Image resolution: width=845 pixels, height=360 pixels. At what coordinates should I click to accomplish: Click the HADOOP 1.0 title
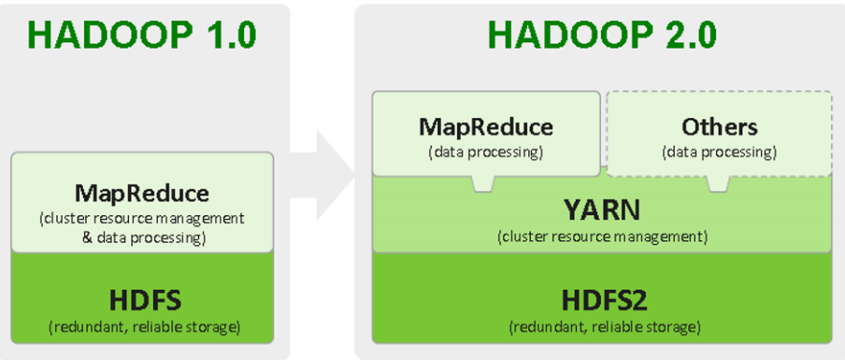141,35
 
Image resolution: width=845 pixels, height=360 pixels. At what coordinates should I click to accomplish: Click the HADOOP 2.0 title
602,35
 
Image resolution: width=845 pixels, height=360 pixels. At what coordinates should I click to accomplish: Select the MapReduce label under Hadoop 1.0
142,194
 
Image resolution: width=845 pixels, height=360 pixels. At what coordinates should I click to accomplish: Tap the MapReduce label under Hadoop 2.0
486,126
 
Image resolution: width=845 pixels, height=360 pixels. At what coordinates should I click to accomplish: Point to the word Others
719,126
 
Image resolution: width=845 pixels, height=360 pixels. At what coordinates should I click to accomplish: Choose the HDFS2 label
604,300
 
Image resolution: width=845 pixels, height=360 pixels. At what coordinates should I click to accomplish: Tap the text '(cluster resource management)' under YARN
602,237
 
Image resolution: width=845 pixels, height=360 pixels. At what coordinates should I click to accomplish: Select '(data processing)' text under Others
719,151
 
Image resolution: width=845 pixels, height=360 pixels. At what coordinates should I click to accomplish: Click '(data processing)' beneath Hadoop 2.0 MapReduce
486,151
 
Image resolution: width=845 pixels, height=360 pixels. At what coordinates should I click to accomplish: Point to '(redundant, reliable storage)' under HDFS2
604,327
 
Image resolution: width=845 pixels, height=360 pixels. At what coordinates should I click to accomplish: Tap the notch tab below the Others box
718,184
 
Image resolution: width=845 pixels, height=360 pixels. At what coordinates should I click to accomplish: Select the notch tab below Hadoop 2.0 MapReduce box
483,184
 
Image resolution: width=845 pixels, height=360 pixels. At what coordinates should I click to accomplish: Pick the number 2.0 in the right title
686,35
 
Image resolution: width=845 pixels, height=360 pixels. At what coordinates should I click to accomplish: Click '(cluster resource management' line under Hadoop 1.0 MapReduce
142,219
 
